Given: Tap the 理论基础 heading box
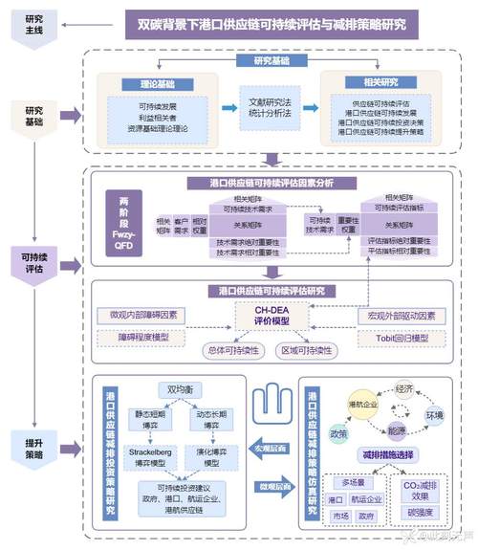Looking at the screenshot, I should point(163,83).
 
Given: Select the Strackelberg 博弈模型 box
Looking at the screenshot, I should point(152,457).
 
